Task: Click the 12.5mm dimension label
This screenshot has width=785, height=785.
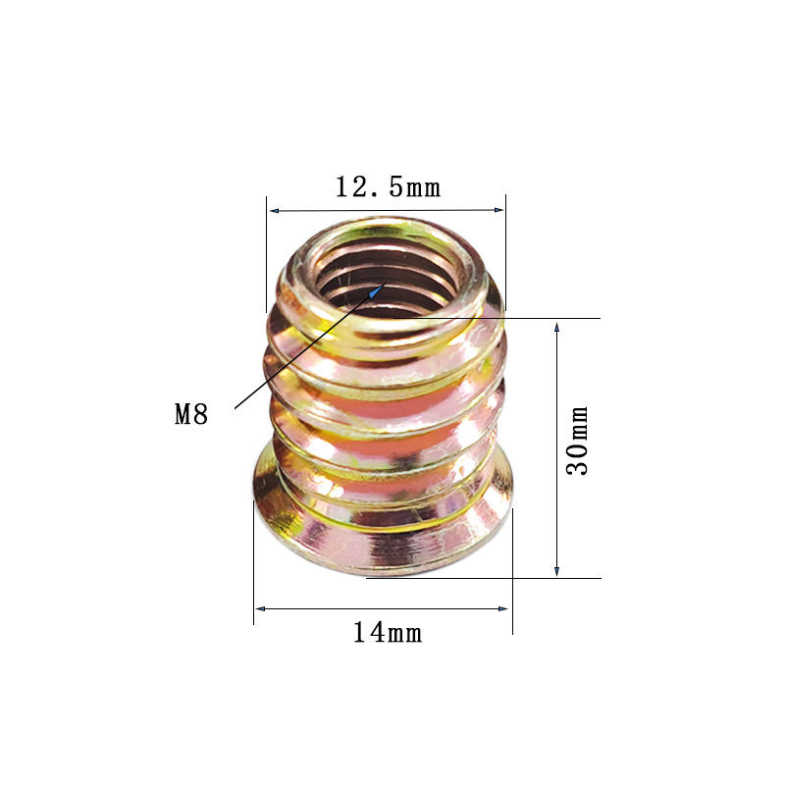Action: pyautogui.click(x=388, y=187)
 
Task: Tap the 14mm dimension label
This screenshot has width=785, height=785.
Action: pyautogui.click(x=388, y=632)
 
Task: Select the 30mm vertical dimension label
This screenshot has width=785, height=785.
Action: pyautogui.click(x=577, y=441)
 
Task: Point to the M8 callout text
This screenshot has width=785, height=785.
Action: pyautogui.click(x=191, y=414)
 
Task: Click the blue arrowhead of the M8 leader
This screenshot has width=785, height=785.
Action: pyautogui.click(x=377, y=290)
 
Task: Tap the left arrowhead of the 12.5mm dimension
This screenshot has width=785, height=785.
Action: pyautogui.click(x=275, y=211)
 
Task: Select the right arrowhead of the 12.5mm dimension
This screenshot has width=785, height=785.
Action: pyautogui.click(x=498, y=210)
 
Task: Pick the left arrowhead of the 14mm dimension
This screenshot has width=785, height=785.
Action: pyautogui.click(x=260, y=608)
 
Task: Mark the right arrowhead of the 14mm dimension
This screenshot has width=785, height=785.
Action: pyautogui.click(x=502, y=608)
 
